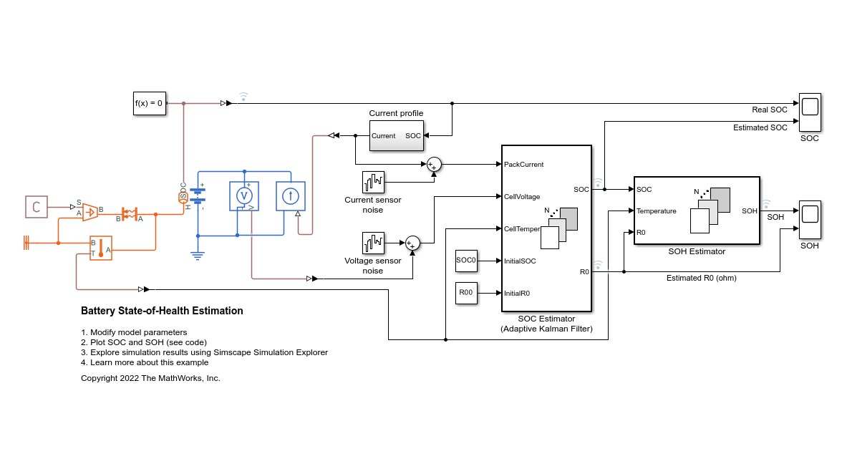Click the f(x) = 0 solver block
(x=150, y=103)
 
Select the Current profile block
(x=396, y=135)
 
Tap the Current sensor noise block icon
(x=374, y=182)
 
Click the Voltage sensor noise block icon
(x=374, y=243)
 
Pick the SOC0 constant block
(x=466, y=261)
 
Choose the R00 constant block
(x=466, y=293)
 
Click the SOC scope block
(x=809, y=108)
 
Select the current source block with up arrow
(x=291, y=195)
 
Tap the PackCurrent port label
(x=523, y=165)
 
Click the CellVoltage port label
(x=522, y=196)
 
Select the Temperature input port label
(x=656, y=211)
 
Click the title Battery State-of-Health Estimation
(x=162, y=311)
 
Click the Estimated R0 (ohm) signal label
(x=701, y=278)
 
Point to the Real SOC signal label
(x=769, y=110)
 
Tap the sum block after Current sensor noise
(x=434, y=165)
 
